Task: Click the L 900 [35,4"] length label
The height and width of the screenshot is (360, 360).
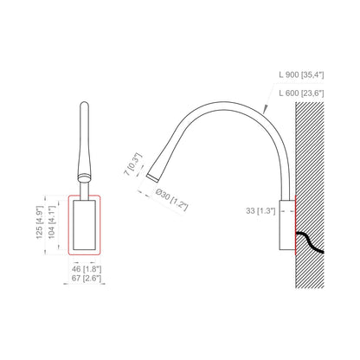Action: click(301, 74)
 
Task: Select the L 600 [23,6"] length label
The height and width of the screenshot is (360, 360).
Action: click(301, 93)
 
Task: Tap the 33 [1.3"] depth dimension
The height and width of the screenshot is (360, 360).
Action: click(260, 211)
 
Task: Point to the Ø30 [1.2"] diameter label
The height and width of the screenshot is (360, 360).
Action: click(171, 200)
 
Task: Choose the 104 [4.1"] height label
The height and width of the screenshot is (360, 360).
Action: click(51, 222)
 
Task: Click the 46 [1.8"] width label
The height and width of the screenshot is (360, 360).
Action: click(87, 269)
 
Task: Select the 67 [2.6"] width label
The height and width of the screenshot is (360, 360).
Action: click(87, 279)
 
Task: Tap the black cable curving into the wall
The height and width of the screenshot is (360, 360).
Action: click(309, 241)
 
